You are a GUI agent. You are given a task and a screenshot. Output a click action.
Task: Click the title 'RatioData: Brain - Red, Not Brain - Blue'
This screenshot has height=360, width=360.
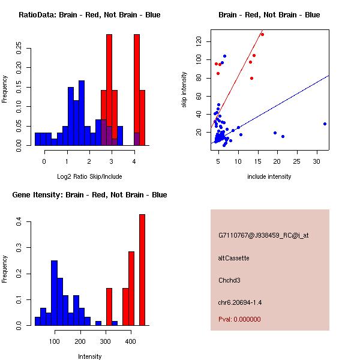(x=89, y=15)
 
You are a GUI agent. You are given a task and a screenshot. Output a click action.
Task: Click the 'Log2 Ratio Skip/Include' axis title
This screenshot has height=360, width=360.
(x=89, y=177)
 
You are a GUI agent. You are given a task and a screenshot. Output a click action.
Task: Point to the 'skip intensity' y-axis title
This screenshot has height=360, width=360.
(x=184, y=89)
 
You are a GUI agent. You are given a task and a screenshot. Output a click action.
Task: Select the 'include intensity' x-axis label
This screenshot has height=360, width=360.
(x=269, y=177)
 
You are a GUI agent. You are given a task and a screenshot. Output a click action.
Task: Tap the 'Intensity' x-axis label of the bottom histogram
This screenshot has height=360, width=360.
(x=89, y=356)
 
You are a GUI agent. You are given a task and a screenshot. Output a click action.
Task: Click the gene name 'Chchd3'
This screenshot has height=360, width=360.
(x=230, y=280)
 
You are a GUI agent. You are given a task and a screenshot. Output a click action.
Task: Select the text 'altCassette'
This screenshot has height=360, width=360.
(x=234, y=258)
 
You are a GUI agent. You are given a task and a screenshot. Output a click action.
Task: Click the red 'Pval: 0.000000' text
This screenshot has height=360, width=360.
(x=239, y=319)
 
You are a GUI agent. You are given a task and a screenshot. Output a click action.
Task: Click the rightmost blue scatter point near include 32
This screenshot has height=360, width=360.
(x=325, y=124)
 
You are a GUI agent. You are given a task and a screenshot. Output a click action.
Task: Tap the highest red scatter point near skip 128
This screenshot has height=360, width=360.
(x=262, y=35)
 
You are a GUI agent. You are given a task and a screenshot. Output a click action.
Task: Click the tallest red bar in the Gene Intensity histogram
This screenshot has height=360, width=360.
(x=142, y=269)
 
